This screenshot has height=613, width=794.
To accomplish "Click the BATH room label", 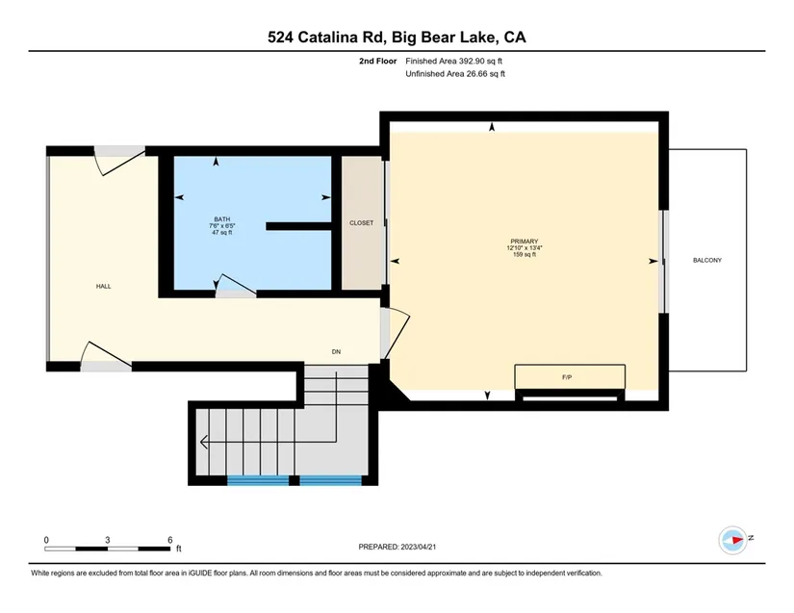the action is click(221, 219).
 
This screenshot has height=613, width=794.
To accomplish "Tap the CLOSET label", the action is click(362, 222).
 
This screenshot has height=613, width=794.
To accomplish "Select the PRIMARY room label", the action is click(525, 242).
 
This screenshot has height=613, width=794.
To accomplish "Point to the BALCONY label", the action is click(707, 260).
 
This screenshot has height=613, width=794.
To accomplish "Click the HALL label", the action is click(103, 287).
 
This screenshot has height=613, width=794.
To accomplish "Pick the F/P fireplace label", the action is click(567, 377).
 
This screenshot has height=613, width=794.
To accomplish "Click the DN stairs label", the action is click(336, 352).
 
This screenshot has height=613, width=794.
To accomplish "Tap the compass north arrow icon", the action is click(733, 540).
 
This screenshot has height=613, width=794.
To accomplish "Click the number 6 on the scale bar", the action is click(170, 540).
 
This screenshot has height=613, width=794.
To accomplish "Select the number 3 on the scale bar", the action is click(108, 540).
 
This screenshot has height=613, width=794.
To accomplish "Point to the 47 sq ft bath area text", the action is click(221, 233).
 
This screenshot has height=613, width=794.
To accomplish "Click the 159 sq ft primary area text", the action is click(525, 255).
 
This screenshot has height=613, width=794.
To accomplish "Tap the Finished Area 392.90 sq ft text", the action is click(453, 62).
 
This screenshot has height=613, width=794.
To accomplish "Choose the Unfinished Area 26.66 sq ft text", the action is click(455, 74).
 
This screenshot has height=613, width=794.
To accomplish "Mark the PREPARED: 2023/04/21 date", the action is click(397, 547).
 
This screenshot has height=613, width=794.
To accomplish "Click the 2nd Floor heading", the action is click(378, 62).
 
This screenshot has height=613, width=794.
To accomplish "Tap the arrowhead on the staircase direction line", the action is click(204, 442).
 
